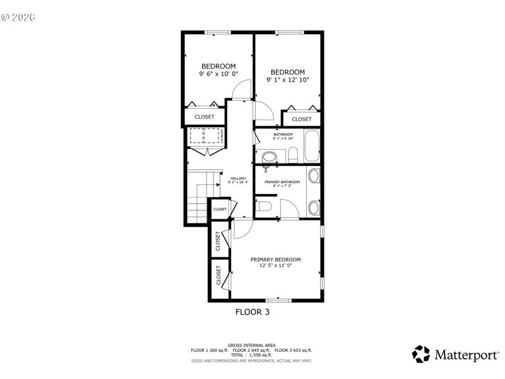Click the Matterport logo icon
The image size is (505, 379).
421,354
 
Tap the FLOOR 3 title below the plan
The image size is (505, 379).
252,311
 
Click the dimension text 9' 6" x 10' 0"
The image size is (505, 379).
218,74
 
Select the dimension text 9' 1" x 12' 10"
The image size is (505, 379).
287,80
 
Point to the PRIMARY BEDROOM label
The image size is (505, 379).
275,260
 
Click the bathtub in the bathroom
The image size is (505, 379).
312,146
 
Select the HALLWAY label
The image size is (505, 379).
238,178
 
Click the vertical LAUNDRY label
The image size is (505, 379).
222,136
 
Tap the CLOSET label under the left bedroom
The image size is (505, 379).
204,117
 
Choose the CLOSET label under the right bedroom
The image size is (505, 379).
301,119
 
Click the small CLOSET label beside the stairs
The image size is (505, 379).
220,209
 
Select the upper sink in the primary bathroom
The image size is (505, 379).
314,176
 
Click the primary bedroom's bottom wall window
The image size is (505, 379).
278,300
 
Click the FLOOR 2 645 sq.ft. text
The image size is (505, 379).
252,350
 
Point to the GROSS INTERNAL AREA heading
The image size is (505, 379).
252,346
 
